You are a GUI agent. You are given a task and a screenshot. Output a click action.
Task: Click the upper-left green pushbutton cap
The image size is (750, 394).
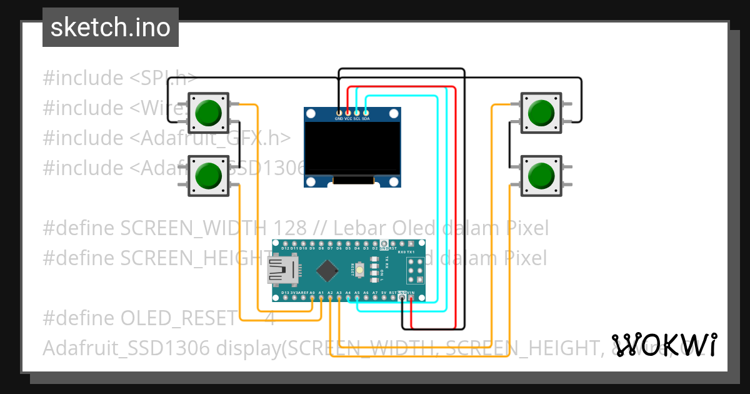[x=207, y=113]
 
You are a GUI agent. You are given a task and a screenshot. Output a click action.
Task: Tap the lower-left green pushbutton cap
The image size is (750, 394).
[x=207, y=175]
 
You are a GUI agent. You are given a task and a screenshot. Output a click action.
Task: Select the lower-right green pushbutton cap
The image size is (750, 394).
[x=541, y=175]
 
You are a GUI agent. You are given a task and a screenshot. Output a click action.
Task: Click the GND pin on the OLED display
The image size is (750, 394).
[x=339, y=113]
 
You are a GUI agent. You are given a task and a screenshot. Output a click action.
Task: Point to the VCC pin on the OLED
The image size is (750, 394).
[x=348, y=113]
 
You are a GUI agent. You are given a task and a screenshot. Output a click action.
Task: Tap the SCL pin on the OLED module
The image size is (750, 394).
[x=357, y=113]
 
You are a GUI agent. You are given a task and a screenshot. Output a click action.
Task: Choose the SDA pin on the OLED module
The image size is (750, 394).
[x=366, y=113]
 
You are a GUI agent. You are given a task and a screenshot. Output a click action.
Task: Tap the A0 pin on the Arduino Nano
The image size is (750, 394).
[x=312, y=298]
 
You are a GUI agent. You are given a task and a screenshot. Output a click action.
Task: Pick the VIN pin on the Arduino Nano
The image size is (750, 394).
[x=411, y=298]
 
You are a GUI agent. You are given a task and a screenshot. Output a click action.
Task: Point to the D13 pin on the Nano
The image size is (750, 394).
[x=285, y=298]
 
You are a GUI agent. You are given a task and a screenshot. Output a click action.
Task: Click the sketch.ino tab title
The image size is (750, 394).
[x=111, y=28]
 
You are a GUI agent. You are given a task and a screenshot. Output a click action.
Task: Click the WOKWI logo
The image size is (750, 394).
[x=664, y=345]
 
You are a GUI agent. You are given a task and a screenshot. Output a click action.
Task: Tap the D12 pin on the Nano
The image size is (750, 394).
[x=285, y=243]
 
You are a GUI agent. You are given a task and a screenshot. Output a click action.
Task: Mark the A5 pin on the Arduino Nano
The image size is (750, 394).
[x=357, y=298]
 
